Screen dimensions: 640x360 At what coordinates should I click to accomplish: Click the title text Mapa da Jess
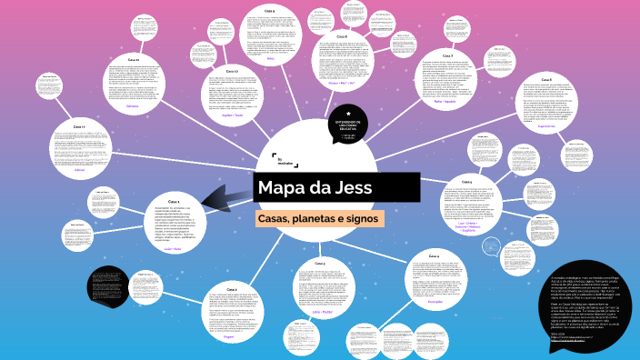point(314,189)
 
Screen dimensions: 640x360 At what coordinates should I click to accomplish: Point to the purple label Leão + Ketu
point(174,247)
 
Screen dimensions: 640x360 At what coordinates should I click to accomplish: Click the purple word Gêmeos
point(133,106)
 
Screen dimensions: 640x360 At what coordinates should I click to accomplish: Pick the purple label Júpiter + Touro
point(233,115)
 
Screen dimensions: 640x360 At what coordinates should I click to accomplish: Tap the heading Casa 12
point(232,70)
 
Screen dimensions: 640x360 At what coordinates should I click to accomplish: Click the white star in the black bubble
point(348,114)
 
